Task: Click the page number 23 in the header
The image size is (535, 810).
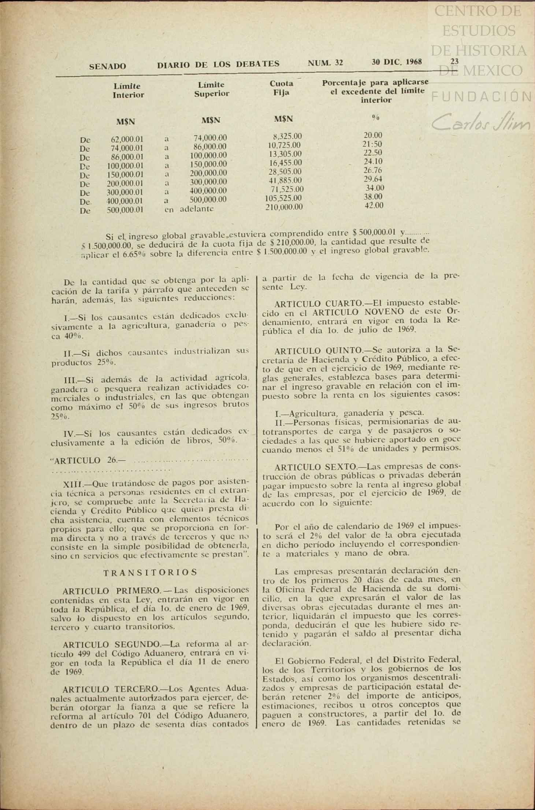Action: pyautogui.click(x=454, y=62)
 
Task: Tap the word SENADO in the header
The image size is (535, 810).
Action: pyautogui.click(x=108, y=66)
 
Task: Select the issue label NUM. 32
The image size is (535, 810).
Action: pyautogui.click(x=325, y=63)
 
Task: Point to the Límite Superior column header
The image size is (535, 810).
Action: pyautogui.click(x=212, y=89)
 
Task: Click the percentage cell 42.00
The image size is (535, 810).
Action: pyautogui.click(x=374, y=206)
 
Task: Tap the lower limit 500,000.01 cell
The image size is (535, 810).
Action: pyautogui.click(x=125, y=210)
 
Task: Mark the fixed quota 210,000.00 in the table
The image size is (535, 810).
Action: pyautogui.click(x=284, y=207)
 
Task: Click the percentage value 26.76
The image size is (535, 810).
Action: pyautogui.click(x=373, y=170)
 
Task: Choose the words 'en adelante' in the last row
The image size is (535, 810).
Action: pyautogui.click(x=189, y=209)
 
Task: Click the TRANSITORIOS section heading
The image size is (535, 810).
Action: pyautogui.click(x=150, y=572)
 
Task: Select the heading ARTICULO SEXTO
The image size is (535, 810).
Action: pyautogui.click(x=315, y=467)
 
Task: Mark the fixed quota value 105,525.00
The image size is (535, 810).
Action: pyautogui.click(x=283, y=198)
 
